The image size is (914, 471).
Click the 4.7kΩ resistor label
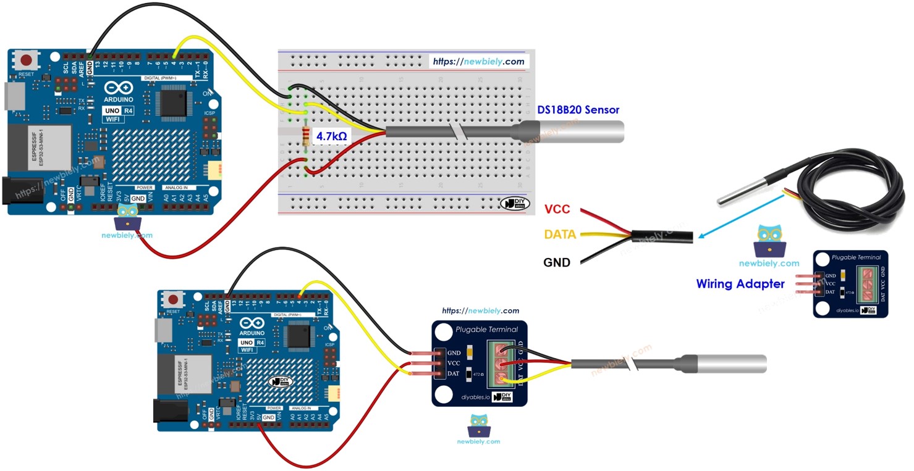click(x=331, y=136)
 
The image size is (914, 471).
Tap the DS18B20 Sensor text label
click(x=578, y=110)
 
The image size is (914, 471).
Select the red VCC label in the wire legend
click(x=557, y=210)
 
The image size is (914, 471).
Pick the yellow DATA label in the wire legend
click(x=560, y=235)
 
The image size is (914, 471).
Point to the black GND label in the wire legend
click(x=556, y=262)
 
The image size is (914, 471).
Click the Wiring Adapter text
click(x=740, y=284)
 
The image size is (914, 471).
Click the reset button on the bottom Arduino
click(x=174, y=299)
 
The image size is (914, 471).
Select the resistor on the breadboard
click(x=306, y=136)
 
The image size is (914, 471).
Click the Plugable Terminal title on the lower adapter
click(x=486, y=329)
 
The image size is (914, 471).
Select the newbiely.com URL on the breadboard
click(x=478, y=61)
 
